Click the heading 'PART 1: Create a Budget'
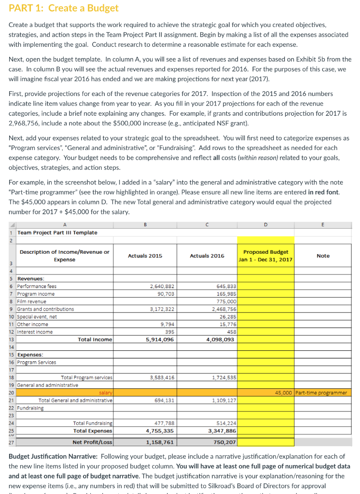pos(64,9)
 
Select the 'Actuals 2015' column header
pos(145,256)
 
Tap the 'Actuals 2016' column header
pos(207,256)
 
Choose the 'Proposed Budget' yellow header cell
pos(265,256)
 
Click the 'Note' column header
pos(323,256)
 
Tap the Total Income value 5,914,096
pos(161,340)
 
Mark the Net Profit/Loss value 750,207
pos(224,442)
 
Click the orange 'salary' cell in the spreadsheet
pos(103,393)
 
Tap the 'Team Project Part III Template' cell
pos(57,233)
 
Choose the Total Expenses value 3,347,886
pos(222,431)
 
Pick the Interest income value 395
pos(168,332)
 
